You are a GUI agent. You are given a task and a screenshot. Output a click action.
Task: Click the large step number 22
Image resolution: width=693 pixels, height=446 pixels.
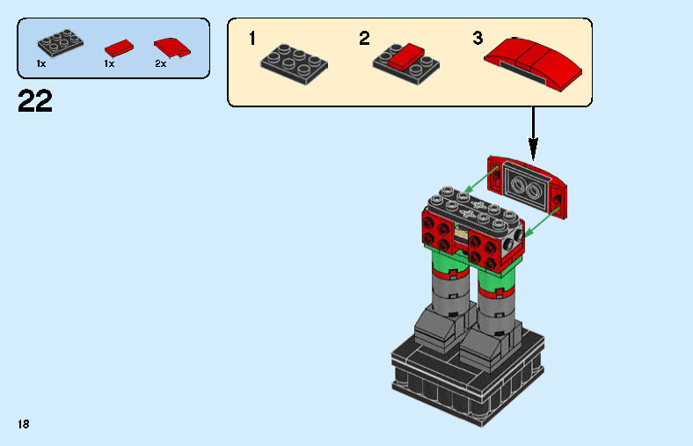[x=35, y=101]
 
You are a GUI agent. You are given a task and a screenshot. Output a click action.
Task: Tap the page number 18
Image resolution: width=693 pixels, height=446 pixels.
[x=23, y=424]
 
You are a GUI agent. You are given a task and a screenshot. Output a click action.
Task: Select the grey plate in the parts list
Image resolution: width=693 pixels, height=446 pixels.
[x=58, y=43]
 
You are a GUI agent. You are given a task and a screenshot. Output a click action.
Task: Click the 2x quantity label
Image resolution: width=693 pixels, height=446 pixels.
[x=161, y=64]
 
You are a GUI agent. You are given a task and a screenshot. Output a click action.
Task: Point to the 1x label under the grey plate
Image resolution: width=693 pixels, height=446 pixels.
[x=41, y=64]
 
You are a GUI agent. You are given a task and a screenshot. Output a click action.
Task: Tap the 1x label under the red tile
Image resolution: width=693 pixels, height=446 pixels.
[x=109, y=64]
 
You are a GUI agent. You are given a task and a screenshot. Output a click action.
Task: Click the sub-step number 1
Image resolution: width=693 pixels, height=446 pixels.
[x=252, y=39]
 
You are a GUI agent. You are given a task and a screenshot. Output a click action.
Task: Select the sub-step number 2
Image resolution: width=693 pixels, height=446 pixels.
[x=364, y=39]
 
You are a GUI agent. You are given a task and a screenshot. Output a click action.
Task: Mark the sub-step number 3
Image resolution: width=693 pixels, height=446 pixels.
[x=478, y=39]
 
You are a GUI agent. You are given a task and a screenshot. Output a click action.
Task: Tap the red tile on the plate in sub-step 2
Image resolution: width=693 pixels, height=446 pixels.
[x=405, y=58]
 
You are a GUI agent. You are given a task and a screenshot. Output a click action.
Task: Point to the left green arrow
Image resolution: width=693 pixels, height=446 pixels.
[x=478, y=184]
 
